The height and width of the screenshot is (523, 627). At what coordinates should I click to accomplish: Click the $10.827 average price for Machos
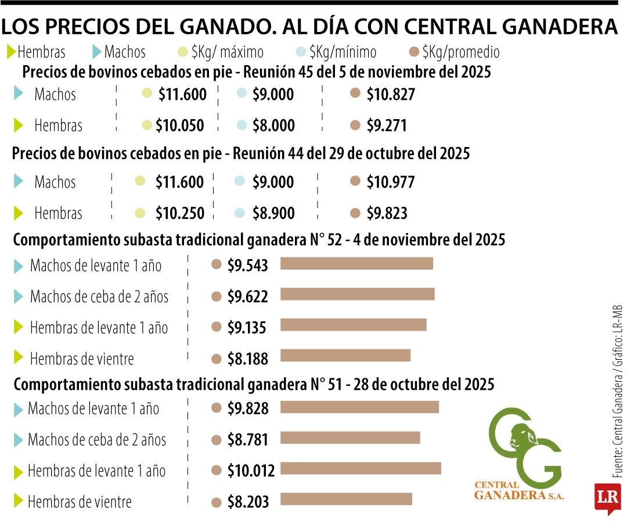coord(390,95)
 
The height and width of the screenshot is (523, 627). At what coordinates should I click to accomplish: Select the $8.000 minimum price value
coord(273,126)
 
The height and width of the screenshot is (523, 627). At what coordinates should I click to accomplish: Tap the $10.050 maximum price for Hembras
coord(181,126)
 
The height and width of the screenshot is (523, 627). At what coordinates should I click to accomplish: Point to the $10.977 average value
coord(390,182)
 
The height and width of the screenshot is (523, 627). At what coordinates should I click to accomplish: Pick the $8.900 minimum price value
coord(273,213)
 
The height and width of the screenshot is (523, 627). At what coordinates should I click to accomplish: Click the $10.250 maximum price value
coord(180,213)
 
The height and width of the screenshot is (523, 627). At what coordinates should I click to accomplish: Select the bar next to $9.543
coord(356,263)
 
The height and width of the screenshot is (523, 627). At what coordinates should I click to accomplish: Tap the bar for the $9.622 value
coord(357,295)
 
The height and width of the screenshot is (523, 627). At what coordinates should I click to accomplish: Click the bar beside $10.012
coord(361,468)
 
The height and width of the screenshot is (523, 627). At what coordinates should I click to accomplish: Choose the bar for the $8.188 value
coord(345,355)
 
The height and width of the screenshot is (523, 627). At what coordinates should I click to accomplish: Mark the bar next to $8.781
coord(350,438)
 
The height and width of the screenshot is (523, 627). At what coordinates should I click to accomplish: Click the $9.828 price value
coord(248,409)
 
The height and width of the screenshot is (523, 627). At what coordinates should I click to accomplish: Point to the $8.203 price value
coord(248,501)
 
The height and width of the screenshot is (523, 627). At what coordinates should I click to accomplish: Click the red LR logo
coord(608,498)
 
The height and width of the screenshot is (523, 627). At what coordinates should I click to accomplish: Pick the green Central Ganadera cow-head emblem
coord(524,447)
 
